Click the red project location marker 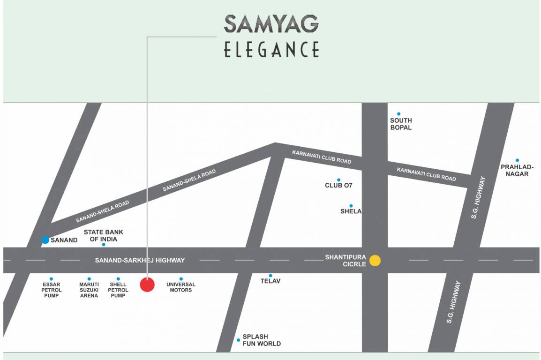point(147,285)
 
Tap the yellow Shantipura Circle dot point(375,261)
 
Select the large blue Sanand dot point(45,240)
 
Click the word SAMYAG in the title point(271,24)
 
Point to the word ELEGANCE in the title point(271,49)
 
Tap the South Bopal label point(401,124)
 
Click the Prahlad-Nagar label point(517,170)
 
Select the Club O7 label point(338,185)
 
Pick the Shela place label point(351,211)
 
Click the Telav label point(270,281)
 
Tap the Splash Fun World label point(262,340)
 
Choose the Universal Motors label point(181,287)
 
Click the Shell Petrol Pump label point(118,290)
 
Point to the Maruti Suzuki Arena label point(89,290)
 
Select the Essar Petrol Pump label point(51,290)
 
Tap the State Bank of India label point(103,235)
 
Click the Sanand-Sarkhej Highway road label point(140,260)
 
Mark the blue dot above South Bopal point(399,113)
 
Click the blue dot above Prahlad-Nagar point(517,160)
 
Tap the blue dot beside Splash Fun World point(238,340)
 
